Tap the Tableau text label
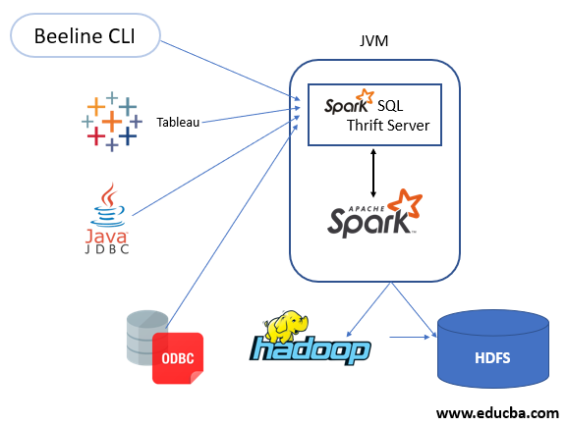(178, 123)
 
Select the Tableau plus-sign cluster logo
(112, 121)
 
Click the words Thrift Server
(388, 125)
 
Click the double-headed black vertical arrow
(374, 169)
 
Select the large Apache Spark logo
(373, 216)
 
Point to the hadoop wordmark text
(310, 351)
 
